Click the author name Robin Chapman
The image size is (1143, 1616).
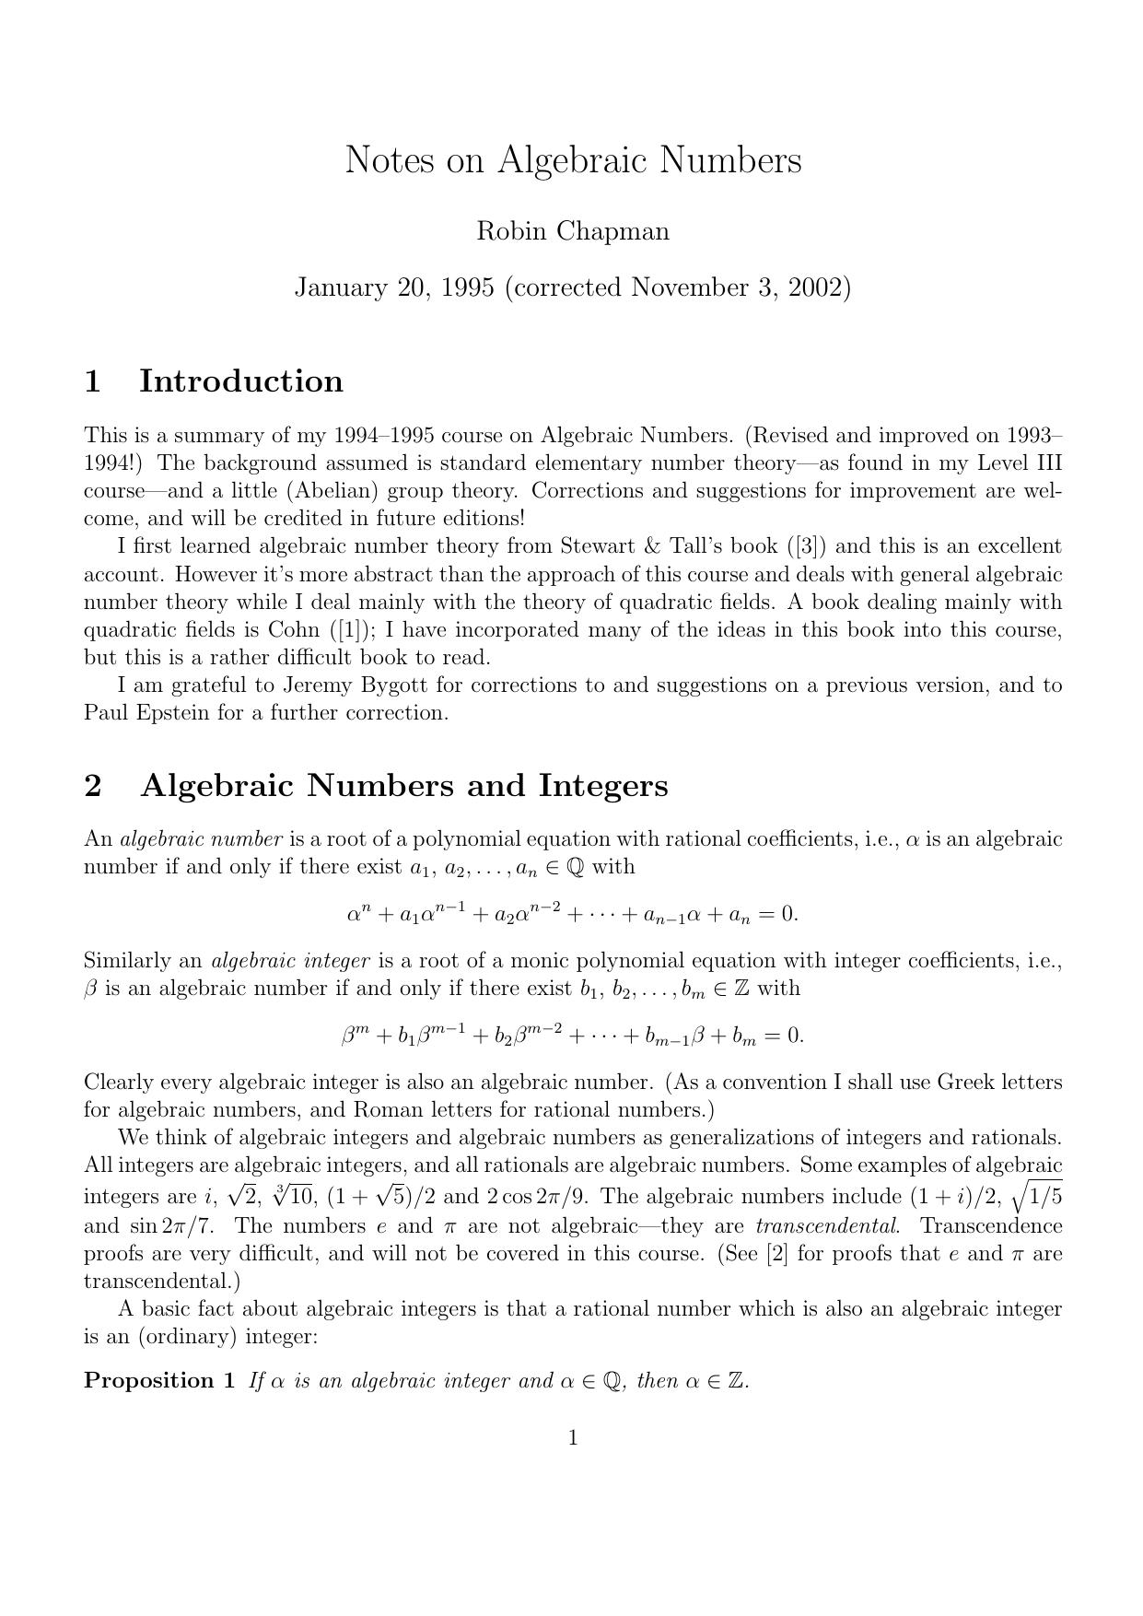pos(572,231)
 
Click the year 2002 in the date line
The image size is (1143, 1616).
pos(814,287)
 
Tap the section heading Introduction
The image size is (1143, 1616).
pos(240,381)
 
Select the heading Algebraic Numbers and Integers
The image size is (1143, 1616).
pos(404,786)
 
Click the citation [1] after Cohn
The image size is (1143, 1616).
pos(349,630)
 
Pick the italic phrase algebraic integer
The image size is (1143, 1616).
pos(291,961)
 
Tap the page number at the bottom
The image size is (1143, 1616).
pos(572,1437)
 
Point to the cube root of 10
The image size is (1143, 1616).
pos(296,1196)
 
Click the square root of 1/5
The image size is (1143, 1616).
pos(1036,1196)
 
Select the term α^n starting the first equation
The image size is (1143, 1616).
pos(358,915)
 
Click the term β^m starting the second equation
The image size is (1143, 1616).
pos(355,1036)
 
